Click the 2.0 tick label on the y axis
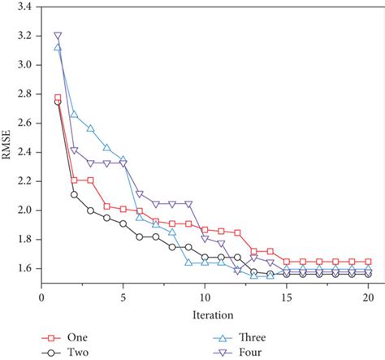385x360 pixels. coord(24,210)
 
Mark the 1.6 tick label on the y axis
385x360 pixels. coord(24,269)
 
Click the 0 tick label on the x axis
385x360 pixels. coord(41,298)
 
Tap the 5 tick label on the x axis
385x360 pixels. coord(123,298)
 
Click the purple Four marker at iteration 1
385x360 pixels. coord(58,36)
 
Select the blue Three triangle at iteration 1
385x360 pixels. coord(58,47)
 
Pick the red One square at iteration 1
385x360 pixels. coord(58,98)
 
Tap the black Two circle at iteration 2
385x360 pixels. coord(74,194)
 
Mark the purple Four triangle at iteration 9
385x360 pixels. coord(188,204)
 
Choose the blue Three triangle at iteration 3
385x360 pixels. coord(90,128)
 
